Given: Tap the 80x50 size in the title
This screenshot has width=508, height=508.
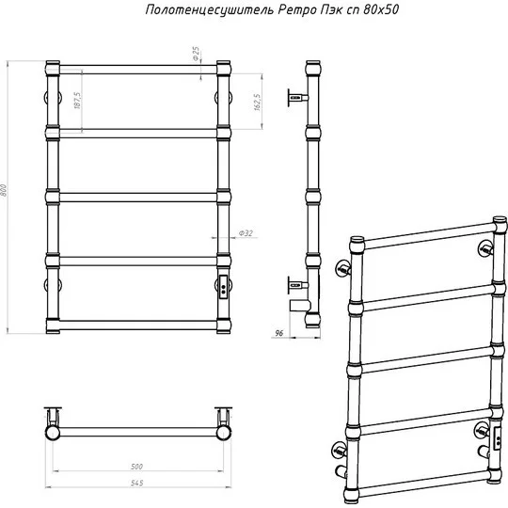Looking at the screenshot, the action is pyautogui.click(x=381, y=9).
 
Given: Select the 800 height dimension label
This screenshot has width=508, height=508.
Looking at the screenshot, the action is pyautogui.click(x=4, y=190).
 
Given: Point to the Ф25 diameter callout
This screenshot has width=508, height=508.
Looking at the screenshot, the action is pyautogui.click(x=196, y=54).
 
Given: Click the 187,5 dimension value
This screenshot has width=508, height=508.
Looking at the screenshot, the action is pyautogui.click(x=77, y=100).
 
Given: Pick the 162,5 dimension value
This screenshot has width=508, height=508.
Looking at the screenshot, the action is pyautogui.click(x=258, y=103).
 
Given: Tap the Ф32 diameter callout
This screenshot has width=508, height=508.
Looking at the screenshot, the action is pyautogui.click(x=246, y=233).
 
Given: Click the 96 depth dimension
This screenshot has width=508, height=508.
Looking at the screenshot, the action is pyautogui.click(x=279, y=333).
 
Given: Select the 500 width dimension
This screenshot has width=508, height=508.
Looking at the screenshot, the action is pyautogui.click(x=136, y=467).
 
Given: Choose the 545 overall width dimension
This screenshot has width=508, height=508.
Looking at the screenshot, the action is pyautogui.click(x=137, y=483).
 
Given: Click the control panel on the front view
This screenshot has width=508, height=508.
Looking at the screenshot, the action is pyautogui.click(x=223, y=286).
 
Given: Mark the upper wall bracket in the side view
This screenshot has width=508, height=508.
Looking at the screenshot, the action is pyautogui.click(x=297, y=97).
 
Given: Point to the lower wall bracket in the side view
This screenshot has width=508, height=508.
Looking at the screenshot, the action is pyautogui.click(x=297, y=285).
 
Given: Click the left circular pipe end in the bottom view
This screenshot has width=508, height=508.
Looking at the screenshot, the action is pyautogui.click(x=52, y=433).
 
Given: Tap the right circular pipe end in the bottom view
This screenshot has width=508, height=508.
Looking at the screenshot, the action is pyautogui.click(x=224, y=433).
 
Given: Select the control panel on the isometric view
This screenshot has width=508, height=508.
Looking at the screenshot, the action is pyautogui.click(x=497, y=438).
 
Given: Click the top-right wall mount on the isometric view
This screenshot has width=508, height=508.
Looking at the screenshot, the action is pyautogui.click(x=485, y=248).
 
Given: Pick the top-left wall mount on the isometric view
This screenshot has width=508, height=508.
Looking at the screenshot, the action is pyautogui.click(x=343, y=268).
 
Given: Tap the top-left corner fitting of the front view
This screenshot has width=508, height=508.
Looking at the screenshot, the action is pyautogui.click(x=53, y=68).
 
